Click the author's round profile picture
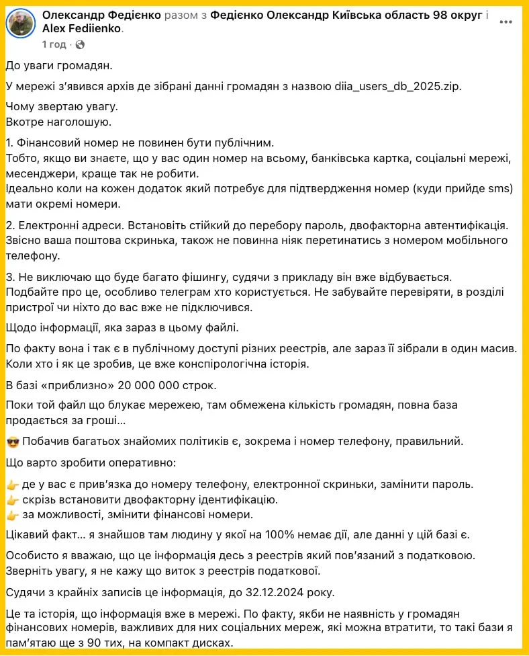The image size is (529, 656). point(21,24)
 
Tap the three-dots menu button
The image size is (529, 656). point(506,22)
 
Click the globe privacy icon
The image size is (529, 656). point(80,45)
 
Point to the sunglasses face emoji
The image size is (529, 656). point(12,442)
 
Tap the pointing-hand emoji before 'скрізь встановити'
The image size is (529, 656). point(12,500)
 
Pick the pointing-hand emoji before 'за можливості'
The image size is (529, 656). point(12,515)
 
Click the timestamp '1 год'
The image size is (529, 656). point(54,45)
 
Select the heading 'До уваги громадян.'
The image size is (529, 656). point(60,66)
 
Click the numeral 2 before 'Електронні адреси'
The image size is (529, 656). point(9,223)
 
